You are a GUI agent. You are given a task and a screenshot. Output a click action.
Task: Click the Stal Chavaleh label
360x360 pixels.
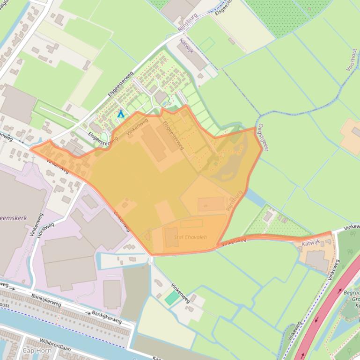190,237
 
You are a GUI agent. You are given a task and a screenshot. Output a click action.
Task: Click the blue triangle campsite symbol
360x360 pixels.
121,114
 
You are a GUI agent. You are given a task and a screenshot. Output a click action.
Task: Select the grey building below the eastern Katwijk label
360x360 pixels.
317,260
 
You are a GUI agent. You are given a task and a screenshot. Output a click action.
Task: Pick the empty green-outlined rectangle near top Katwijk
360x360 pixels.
206,45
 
